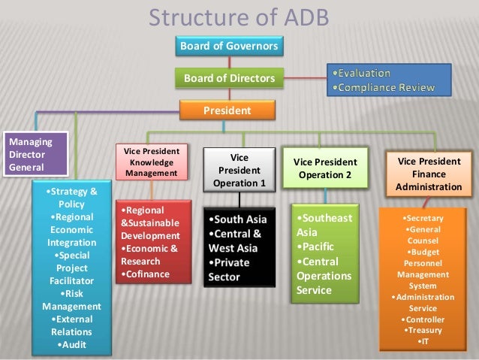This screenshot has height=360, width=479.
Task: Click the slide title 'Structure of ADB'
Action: (x=238, y=17)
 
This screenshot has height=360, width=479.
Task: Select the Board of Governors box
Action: (x=228, y=47)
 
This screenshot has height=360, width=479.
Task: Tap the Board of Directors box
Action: (x=228, y=77)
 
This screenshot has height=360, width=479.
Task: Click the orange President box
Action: (x=228, y=110)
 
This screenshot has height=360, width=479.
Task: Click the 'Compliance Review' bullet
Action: (x=384, y=88)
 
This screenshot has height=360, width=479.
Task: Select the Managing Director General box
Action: (x=26, y=153)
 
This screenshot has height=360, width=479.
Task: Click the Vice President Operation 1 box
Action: (x=239, y=170)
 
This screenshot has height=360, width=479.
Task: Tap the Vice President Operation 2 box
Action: (x=324, y=168)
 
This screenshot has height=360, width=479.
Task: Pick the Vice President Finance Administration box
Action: (x=429, y=174)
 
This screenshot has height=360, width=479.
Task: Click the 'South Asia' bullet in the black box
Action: (x=239, y=220)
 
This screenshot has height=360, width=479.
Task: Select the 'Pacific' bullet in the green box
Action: (x=316, y=247)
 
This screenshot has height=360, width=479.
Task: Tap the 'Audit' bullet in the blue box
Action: (x=72, y=345)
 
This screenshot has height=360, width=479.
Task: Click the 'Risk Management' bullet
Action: (x=74, y=300)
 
